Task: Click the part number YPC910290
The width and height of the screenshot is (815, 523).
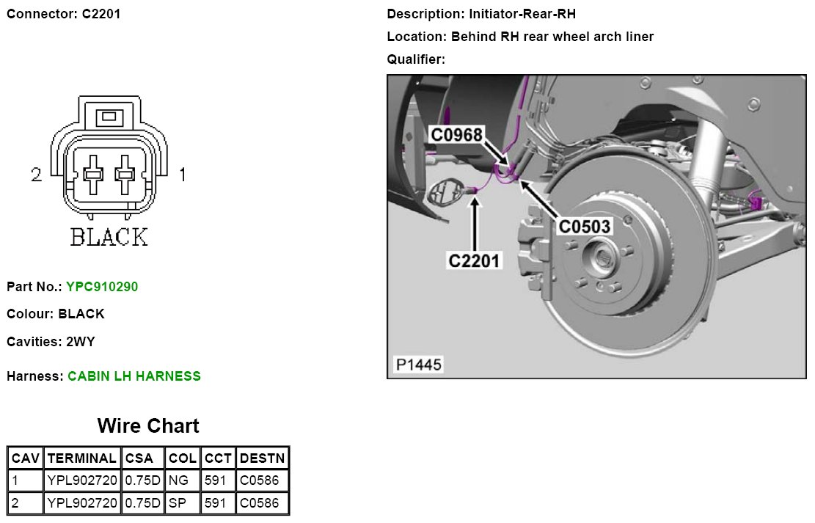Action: coord(102,287)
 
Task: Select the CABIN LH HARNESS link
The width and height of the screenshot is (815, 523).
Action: coord(134,376)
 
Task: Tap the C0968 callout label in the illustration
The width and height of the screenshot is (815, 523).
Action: coord(456,135)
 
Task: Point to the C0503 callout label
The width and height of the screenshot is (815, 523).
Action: coord(585,227)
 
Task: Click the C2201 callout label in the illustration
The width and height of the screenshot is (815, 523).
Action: coord(475,260)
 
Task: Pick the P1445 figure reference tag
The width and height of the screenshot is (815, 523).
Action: coord(419,364)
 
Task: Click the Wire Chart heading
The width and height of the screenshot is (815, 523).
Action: coord(148,426)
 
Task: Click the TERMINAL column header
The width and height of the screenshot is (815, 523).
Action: coord(81,458)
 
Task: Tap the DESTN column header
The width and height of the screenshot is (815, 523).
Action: coord(262,458)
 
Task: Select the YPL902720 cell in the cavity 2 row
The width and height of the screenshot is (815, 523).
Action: coord(81,504)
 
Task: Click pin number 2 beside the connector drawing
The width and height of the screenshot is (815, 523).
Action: coord(37,175)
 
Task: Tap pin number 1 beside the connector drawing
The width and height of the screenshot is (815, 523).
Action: coord(182,175)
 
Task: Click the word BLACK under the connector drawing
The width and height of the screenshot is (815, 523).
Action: coord(109,238)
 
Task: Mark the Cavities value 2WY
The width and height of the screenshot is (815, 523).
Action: coord(81,342)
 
